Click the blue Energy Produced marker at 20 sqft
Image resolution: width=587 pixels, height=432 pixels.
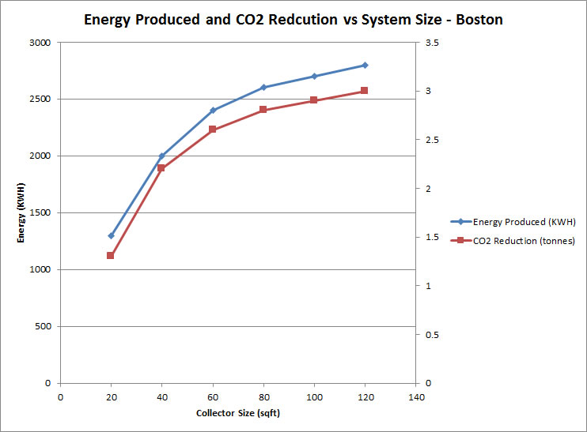(x=111, y=235)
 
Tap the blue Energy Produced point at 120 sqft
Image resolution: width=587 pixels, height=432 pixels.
(x=365, y=65)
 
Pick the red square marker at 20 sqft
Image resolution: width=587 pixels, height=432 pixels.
(x=111, y=255)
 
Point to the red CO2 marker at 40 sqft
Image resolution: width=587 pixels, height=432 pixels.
(x=161, y=168)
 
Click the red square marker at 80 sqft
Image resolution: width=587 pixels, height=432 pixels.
(x=263, y=110)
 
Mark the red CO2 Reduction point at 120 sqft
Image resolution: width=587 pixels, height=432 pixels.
(x=365, y=91)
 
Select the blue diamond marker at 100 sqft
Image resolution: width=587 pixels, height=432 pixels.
(x=314, y=77)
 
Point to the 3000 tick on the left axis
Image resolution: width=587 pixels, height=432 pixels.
(x=40, y=43)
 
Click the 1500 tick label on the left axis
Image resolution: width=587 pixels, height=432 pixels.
(x=40, y=213)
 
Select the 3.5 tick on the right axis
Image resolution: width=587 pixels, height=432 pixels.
(x=430, y=43)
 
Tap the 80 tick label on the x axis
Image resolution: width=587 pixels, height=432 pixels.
(x=263, y=397)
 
